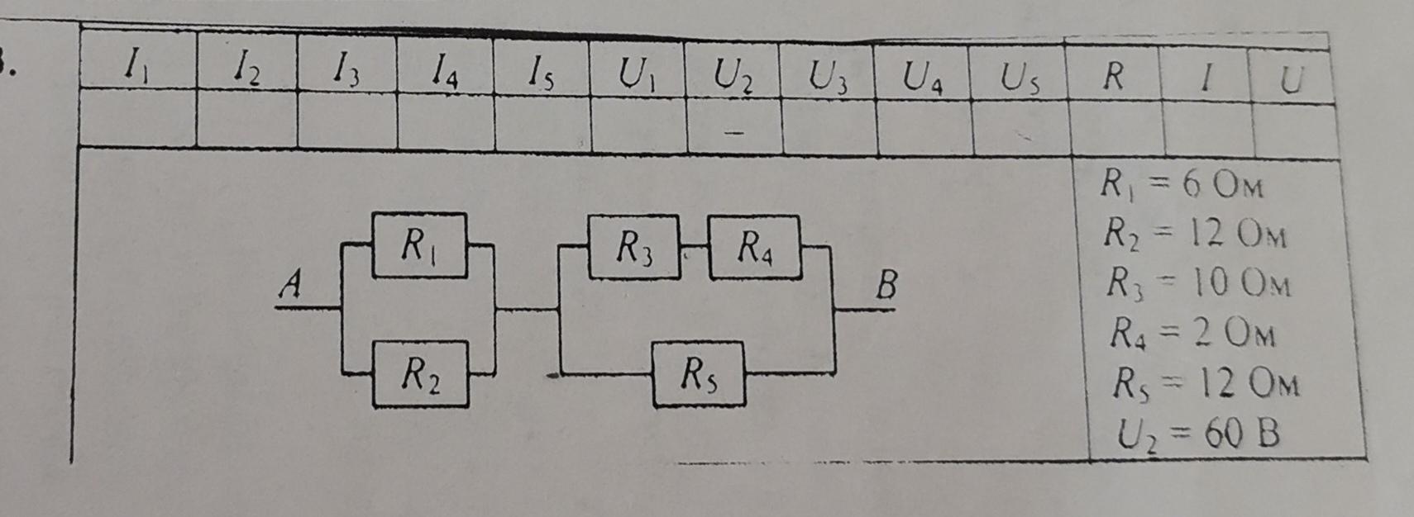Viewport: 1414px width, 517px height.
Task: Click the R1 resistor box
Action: (x=420, y=245)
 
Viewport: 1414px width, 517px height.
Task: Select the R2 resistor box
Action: (x=420, y=375)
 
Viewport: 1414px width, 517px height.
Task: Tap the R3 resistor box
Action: (x=633, y=246)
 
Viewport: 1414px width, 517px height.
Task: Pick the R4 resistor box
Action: (x=753, y=246)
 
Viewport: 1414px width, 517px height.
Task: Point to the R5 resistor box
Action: (x=699, y=375)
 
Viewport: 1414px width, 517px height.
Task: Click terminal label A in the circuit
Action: (x=290, y=286)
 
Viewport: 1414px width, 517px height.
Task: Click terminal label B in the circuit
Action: (x=886, y=287)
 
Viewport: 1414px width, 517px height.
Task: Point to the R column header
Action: (x=1113, y=77)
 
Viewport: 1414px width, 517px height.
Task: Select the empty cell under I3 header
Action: (x=346, y=125)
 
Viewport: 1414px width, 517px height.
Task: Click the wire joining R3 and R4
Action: (x=694, y=246)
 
